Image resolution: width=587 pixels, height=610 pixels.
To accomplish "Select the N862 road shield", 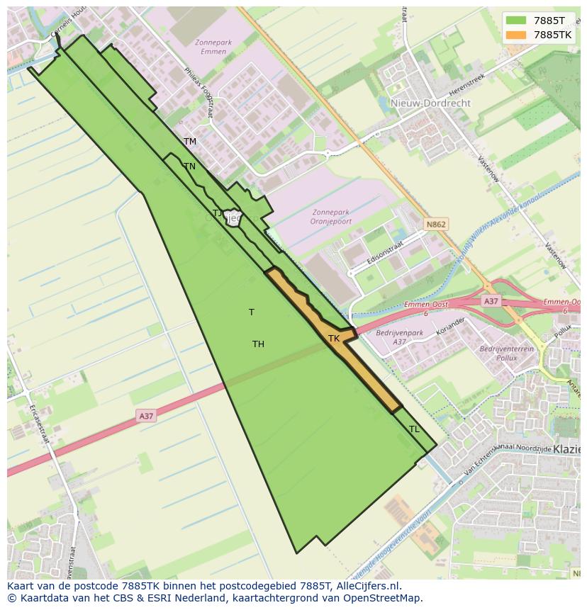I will (x=436, y=225).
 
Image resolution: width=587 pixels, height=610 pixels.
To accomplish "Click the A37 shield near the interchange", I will (x=491, y=301).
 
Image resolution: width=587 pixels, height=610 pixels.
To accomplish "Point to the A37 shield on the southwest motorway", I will (x=146, y=417).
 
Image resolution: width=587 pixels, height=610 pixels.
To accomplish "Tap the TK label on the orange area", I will (x=334, y=339).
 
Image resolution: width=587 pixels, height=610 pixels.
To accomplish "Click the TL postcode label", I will (x=415, y=429).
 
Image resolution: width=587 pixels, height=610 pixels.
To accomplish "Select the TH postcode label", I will (x=258, y=344).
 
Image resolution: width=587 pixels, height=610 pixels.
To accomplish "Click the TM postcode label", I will (x=190, y=142).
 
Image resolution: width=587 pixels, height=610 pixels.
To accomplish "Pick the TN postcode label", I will (x=189, y=166).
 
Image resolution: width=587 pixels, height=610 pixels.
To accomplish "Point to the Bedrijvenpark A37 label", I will (x=400, y=337).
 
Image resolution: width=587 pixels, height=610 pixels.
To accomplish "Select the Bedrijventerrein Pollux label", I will (x=506, y=354).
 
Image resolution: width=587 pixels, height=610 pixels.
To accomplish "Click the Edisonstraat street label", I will (x=386, y=253).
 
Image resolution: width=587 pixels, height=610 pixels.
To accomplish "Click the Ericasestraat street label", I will (x=38, y=424).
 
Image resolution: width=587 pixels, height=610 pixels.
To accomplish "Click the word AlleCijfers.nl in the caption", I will (x=367, y=586).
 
